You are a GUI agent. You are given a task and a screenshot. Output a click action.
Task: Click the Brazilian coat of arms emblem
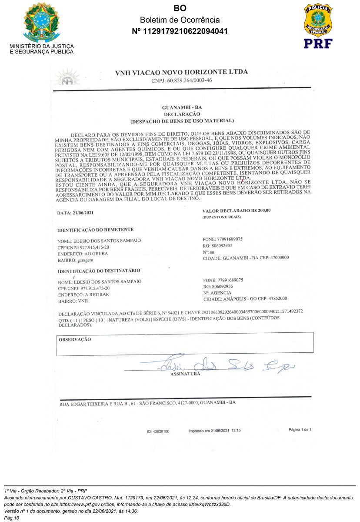41,22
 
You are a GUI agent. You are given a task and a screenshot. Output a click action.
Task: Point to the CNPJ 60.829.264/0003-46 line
182,80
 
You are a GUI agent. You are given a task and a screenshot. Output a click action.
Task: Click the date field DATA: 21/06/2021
75,213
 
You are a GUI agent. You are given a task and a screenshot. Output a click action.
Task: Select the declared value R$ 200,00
237,211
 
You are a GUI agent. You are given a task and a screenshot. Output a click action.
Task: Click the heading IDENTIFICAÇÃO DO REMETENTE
95,230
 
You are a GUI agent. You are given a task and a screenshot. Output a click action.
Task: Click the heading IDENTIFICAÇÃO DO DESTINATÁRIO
99,271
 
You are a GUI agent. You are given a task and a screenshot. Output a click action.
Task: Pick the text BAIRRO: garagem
75,260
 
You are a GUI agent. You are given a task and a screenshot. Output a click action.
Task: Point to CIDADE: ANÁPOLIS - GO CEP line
245,299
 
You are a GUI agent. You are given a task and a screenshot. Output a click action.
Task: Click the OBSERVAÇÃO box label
74,339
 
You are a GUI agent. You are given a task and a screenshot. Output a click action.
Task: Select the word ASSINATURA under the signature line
185,374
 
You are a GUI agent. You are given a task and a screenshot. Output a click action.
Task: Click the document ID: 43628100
158,432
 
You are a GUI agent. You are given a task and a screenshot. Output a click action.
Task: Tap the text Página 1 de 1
300,430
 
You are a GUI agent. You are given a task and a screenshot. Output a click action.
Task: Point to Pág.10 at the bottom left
12,518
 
